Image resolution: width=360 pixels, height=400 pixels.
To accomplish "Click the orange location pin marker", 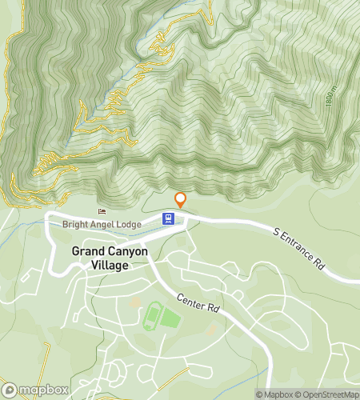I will [181, 200].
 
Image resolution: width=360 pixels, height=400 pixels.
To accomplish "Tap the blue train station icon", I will [169, 218].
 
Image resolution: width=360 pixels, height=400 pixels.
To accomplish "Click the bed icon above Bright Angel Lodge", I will [102, 211].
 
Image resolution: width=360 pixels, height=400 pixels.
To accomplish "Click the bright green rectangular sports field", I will [170, 319].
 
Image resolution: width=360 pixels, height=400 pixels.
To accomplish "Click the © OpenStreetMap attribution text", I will [327, 394].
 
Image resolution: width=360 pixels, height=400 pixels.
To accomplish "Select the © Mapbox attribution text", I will [274, 394].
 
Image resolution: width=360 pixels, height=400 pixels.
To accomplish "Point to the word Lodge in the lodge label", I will [125, 224].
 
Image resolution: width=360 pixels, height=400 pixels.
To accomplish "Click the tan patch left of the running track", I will [134, 305].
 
